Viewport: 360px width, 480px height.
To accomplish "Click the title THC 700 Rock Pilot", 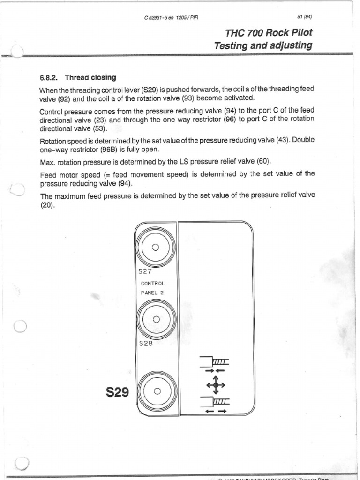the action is click(268, 33).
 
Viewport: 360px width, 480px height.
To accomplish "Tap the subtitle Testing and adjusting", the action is click(262, 45).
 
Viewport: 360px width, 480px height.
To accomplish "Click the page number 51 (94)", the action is click(304, 18).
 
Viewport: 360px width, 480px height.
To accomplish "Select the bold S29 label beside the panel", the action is click(118, 391).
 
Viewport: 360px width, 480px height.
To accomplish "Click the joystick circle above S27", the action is click(156, 247).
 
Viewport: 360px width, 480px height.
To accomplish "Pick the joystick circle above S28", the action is click(156, 320).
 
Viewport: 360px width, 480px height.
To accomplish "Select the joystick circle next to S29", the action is click(157, 391).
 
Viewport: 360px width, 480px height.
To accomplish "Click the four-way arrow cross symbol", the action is click(216, 385).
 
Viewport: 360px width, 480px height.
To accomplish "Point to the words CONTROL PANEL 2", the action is click(153, 288).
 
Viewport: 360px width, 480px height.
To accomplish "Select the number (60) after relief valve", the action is click(263, 162).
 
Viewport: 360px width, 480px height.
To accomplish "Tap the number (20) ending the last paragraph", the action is click(47, 204).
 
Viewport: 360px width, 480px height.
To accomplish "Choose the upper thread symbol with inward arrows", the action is click(215, 363).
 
